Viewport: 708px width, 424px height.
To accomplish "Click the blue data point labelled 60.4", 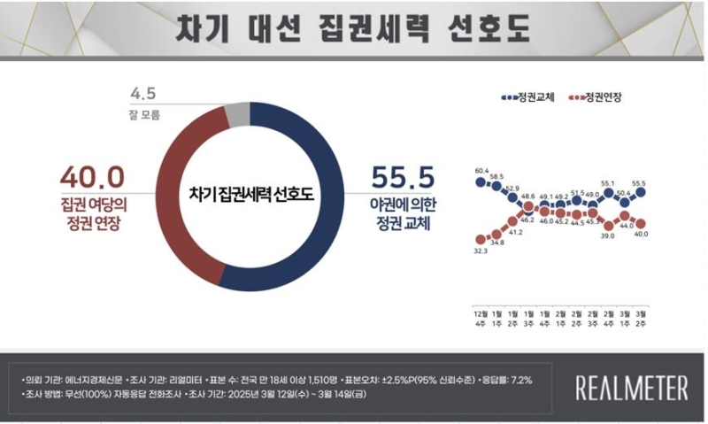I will click(x=481, y=182).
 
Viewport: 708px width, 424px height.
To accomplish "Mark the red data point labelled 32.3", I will click(x=481, y=238).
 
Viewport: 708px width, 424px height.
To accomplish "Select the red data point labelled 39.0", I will click(x=609, y=223).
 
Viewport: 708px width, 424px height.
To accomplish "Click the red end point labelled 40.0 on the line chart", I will click(x=641, y=223).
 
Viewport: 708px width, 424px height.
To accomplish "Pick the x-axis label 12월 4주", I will click(x=481, y=320).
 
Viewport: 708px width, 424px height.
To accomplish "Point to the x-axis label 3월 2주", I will click(x=641, y=320).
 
